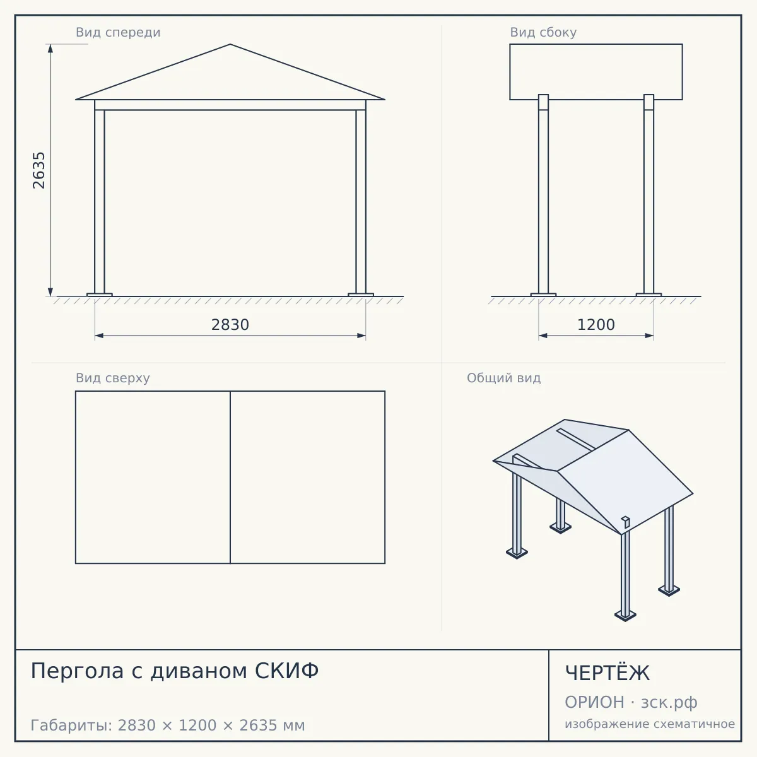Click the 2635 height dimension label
point(38,170)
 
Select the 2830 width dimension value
point(230,325)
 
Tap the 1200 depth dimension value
point(596,325)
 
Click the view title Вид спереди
point(118,32)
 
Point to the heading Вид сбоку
point(543,32)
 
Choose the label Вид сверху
point(113,378)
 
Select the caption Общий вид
point(503,378)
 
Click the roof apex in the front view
point(230,44)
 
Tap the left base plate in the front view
point(100,295)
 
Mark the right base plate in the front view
point(361,295)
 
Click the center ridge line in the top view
point(230,478)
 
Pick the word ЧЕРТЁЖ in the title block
point(607,673)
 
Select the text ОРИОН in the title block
point(594,702)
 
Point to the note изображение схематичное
point(650,724)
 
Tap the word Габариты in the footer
point(72,725)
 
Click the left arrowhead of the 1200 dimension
point(543,336)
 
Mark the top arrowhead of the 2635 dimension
point(50,49)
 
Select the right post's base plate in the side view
point(648,295)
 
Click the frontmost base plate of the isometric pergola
point(625,615)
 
